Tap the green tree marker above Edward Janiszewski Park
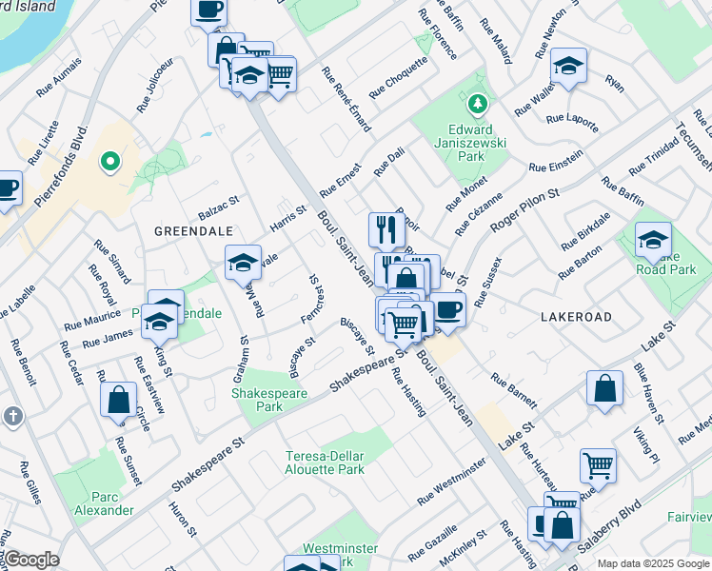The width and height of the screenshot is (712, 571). (x=477, y=101)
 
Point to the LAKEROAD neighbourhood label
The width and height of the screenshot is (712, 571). (x=575, y=315)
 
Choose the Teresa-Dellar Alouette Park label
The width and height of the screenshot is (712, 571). (x=325, y=463)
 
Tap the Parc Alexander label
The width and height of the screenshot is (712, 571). (x=111, y=503)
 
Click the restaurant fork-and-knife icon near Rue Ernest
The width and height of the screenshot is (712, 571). (x=386, y=231)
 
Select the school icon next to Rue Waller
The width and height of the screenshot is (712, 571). (x=567, y=66)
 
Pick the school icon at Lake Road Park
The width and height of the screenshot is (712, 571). (x=653, y=241)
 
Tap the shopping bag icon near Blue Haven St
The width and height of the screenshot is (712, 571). (x=604, y=388)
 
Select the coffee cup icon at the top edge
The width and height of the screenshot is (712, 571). (x=208, y=10)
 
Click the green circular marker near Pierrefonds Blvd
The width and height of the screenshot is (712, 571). (x=110, y=163)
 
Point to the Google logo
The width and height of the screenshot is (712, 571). (x=30, y=560)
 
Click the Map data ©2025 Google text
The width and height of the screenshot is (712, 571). (x=652, y=563)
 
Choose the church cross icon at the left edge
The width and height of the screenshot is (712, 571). (x=12, y=417)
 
